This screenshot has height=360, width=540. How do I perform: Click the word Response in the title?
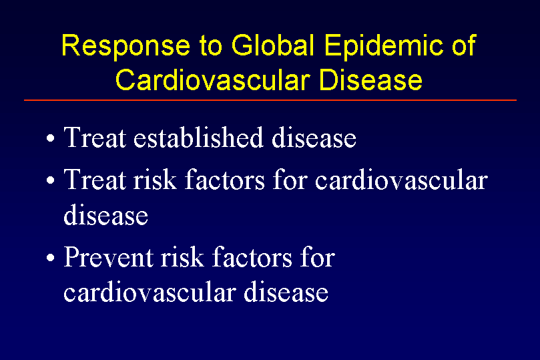[x=125, y=47]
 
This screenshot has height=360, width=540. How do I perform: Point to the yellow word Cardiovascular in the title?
[x=212, y=79]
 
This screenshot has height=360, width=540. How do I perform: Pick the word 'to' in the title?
[x=210, y=46]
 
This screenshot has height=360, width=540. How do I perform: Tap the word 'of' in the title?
[x=464, y=45]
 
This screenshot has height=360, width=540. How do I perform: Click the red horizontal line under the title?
[x=270, y=100]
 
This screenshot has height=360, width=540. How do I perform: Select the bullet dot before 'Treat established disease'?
[x=51, y=138]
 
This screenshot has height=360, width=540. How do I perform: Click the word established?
[x=198, y=137]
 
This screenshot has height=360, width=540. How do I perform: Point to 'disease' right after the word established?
[x=314, y=137]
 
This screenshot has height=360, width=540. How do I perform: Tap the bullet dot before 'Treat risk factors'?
[x=51, y=180]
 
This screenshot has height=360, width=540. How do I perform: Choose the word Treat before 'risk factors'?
[x=95, y=179]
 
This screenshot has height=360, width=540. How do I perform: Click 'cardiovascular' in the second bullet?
[x=401, y=179]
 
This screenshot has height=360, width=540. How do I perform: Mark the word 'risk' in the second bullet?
[x=155, y=179]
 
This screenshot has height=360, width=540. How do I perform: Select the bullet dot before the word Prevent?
[x=51, y=257]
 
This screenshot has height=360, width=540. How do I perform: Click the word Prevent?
[x=109, y=256]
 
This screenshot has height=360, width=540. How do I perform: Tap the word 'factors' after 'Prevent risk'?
[x=252, y=256]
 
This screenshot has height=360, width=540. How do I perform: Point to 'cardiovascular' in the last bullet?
[x=150, y=292]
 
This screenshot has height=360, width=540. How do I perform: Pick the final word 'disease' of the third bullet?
[x=286, y=292]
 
